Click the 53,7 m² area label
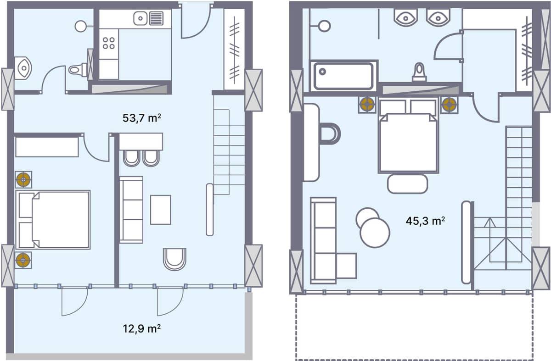point(141,118)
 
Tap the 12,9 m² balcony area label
point(141,328)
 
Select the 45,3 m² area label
point(425,221)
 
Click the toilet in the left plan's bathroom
point(78,70)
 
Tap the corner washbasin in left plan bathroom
point(22,68)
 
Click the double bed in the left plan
point(53,220)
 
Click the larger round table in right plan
point(375,233)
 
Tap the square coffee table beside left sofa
point(160,210)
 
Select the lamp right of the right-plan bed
point(449,105)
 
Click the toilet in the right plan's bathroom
point(419,72)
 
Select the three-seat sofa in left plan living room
point(131,210)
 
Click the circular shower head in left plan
point(81,26)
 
